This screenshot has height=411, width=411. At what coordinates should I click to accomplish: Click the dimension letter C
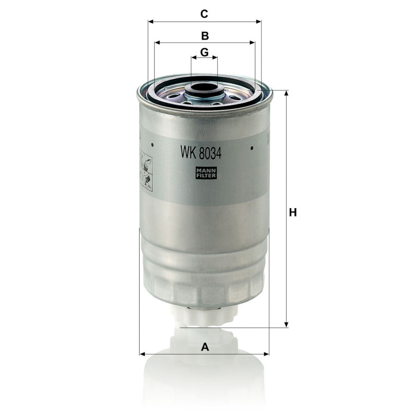204,14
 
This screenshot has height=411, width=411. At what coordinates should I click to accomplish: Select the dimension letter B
205,36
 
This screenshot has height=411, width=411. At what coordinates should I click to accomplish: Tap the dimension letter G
204,52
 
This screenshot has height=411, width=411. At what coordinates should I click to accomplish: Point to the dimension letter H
293,212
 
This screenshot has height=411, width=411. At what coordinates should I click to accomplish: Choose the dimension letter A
205,347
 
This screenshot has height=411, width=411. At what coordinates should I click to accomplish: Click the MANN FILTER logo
206,173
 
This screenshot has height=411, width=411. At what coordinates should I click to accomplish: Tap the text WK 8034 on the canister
201,153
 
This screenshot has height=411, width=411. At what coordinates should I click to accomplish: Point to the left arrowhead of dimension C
151,22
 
